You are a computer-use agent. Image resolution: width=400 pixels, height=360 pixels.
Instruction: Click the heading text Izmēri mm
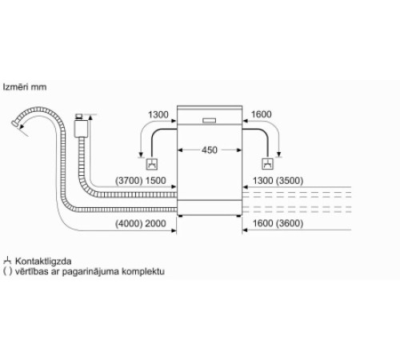(x=25, y=86)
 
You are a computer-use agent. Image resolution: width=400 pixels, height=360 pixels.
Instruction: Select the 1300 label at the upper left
(x=158, y=115)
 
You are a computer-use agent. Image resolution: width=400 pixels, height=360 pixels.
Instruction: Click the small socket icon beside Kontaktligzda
(x=7, y=262)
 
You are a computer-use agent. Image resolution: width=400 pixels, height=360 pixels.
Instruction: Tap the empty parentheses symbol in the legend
(x=7, y=272)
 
